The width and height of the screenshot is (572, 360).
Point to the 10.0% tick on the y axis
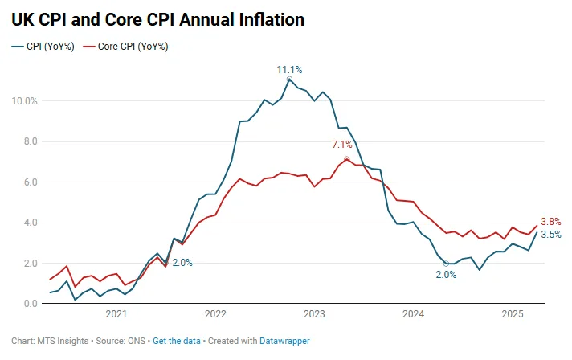(24, 101)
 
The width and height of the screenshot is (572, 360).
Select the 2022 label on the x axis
(215, 314)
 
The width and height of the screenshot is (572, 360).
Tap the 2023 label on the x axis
(314, 314)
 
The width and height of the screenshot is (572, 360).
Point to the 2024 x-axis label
(413, 314)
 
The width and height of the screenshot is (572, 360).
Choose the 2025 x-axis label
(512, 314)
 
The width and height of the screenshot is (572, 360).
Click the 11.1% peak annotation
(289, 70)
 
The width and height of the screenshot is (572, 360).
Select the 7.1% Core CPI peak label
(342, 145)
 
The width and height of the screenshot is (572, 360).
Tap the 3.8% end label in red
(550, 222)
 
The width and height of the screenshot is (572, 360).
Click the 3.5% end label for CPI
(550, 235)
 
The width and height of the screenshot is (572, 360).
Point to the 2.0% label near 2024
(446, 275)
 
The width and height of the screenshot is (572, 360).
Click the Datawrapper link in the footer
(284, 341)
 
